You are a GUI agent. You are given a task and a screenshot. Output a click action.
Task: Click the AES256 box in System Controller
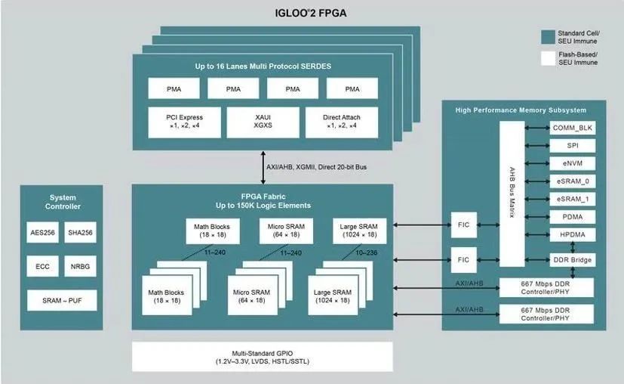coord(42,233)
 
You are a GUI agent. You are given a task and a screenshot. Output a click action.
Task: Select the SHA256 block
coord(80,233)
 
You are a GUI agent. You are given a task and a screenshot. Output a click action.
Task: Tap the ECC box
coord(42,266)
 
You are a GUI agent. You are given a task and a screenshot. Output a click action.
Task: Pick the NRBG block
coord(80,266)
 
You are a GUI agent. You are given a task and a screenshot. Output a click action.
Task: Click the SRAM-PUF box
coord(62,301)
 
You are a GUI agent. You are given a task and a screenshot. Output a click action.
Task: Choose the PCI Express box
coord(184,122)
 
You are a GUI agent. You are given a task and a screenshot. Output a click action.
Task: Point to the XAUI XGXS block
coord(263,122)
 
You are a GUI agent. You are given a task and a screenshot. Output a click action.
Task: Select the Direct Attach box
coord(342,122)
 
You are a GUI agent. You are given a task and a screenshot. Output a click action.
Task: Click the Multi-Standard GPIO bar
coord(263,357)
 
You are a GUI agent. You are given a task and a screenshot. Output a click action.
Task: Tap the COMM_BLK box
coord(572,128)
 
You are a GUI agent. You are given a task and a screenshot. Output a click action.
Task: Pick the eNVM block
coord(572,163)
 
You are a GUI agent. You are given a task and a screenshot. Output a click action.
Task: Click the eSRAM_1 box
coord(572,199)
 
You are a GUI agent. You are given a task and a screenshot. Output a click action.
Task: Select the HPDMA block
coord(572,234)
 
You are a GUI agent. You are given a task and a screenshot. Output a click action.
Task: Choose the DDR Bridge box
coord(572,260)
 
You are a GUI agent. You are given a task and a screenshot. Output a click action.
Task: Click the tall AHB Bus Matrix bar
coord(512,194)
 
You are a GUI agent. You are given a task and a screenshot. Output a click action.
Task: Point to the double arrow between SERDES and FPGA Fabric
coord(263,168)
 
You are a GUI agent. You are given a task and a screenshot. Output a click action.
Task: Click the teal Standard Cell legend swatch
coord(548,37)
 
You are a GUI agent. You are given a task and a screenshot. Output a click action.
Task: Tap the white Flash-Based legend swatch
coord(548,58)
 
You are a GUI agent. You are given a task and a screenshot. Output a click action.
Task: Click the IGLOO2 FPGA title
coord(311,13)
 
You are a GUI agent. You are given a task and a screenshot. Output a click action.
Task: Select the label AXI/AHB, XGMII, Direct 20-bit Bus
coord(316,167)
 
